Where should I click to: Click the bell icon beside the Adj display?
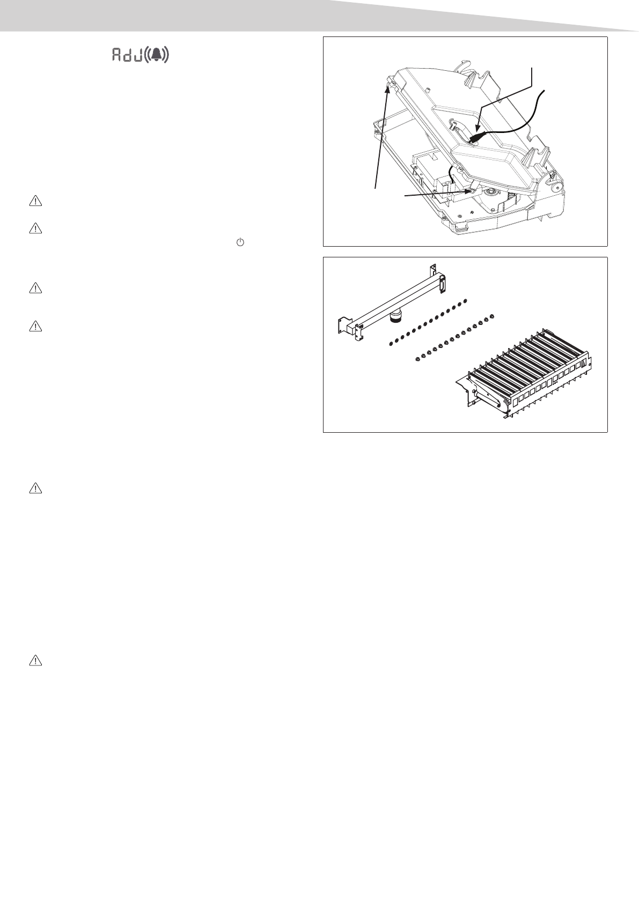(x=157, y=55)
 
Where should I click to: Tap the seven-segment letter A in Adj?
(x=116, y=55)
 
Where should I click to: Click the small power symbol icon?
(x=240, y=242)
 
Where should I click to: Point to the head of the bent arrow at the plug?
(x=477, y=130)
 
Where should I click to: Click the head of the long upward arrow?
(x=387, y=86)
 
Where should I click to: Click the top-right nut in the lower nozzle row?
(x=490, y=317)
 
